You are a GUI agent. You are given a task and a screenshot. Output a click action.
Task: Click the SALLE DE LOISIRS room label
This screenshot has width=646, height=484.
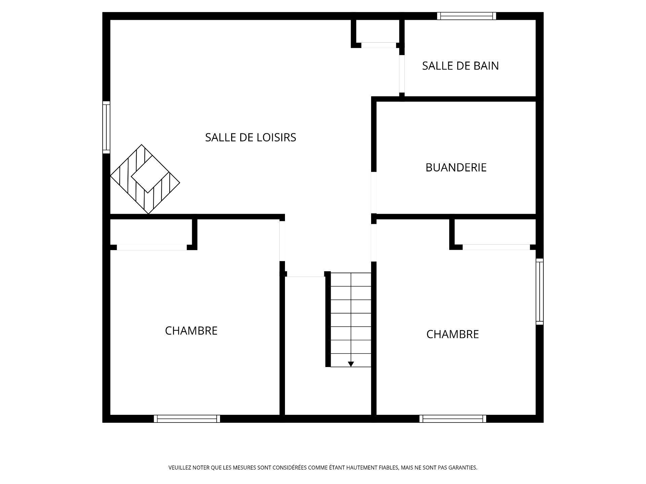(x=250, y=137)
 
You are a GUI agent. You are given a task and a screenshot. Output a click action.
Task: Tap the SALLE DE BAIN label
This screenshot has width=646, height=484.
(x=460, y=66)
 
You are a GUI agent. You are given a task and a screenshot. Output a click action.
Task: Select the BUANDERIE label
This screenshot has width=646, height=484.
(x=456, y=167)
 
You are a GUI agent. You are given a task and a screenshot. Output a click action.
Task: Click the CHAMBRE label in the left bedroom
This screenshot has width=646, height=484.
(x=191, y=331)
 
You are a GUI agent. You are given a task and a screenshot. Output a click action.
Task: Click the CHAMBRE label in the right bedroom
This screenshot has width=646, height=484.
(x=453, y=334)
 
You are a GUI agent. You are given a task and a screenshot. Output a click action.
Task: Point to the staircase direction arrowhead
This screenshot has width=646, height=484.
(x=351, y=364)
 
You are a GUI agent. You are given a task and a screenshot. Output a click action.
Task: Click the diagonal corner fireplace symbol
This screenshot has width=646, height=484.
(x=145, y=179)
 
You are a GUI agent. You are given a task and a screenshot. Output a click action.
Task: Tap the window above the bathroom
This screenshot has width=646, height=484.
(x=466, y=16)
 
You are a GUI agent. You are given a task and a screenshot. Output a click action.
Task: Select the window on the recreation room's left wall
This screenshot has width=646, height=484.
(x=106, y=127)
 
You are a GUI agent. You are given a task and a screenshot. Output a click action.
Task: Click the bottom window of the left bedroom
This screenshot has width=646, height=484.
(x=187, y=418)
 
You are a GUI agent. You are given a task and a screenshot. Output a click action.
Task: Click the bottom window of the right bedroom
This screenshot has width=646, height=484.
(x=453, y=418)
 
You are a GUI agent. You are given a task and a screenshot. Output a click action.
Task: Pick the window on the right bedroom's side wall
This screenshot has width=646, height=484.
(x=539, y=291)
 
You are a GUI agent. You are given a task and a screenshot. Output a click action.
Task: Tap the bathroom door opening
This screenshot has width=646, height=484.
(x=402, y=73)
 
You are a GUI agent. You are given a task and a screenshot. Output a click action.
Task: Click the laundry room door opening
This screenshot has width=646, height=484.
(x=373, y=192)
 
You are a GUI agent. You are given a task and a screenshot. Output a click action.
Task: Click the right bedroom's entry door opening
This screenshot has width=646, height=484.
(x=373, y=242)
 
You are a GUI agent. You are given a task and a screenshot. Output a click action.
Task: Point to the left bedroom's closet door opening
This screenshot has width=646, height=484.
(x=152, y=247)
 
